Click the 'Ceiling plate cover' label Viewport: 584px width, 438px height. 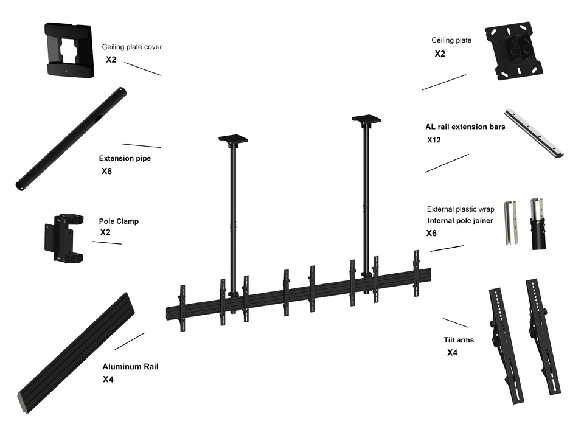coord(131,47)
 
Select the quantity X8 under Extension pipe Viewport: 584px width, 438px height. coord(106,172)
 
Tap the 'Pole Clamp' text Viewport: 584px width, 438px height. coord(119,221)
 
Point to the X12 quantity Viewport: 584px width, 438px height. coord(434,140)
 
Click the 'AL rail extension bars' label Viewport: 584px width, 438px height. coord(465,128)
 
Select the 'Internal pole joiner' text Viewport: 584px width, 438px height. coord(460,221)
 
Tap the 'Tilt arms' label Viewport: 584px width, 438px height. coord(459,340)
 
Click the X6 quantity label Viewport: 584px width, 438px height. coord(431,233)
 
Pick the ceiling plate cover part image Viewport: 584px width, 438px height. coord(70,51)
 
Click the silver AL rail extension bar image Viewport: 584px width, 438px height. coord(534,133)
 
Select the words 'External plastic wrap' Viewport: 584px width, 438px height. coord(461,209)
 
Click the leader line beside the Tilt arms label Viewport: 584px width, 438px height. coord(455,322)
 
